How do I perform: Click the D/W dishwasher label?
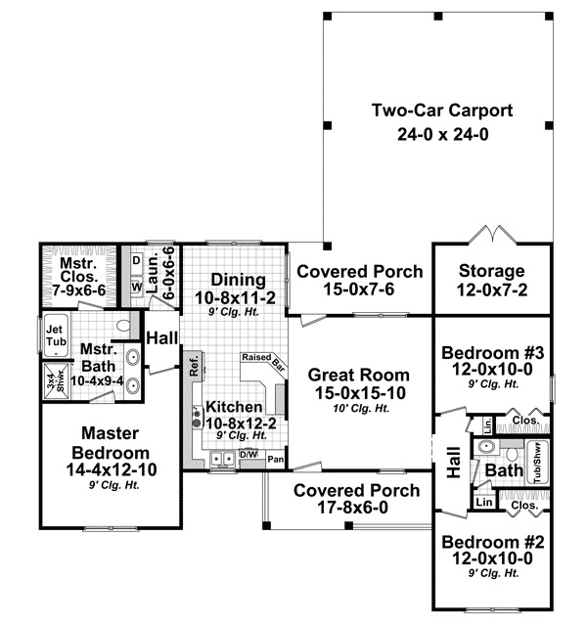pos(250,455)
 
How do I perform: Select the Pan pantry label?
pos(276,458)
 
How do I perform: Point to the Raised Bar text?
pos(262,361)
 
